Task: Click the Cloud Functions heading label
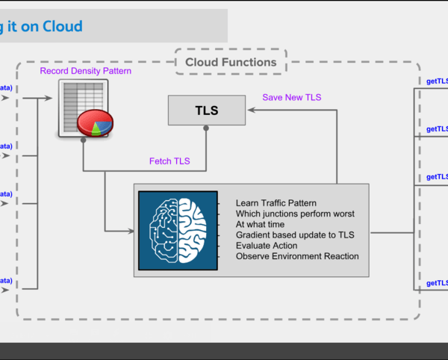point(231,63)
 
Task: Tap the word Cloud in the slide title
point(63,27)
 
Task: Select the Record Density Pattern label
point(86,72)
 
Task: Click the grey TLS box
point(207,111)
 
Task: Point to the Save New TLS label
point(292,97)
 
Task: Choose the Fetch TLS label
point(169,161)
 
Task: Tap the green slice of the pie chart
point(96,128)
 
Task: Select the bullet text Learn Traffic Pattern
point(276,203)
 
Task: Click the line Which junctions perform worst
point(295,214)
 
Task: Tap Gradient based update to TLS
point(295,235)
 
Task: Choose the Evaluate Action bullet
point(267,246)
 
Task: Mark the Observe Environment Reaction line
point(297,256)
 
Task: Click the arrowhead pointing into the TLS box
point(250,111)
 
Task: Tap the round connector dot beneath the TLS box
point(207,128)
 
